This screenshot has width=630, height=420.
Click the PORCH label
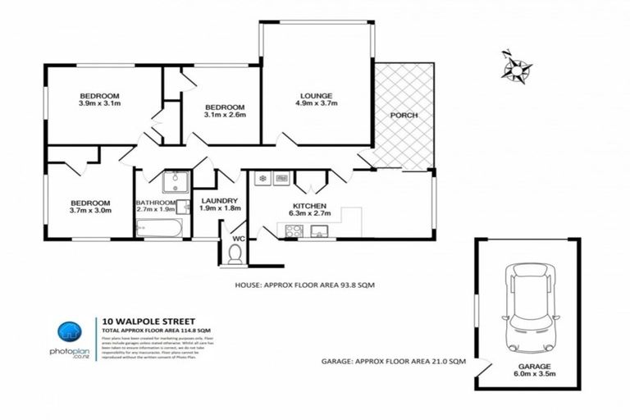[x=404, y=116]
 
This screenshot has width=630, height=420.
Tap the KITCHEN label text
[x=310, y=206]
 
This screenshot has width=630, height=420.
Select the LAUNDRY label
[x=220, y=199]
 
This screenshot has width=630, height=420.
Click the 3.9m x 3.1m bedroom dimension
[x=100, y=103]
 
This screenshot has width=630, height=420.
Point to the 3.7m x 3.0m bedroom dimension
[x=89, y=212]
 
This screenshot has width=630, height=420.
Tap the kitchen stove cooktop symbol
[x=294, y=231]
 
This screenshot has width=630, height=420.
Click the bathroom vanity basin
[x=175, y=181]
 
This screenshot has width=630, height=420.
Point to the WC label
[x=239, y=239]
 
